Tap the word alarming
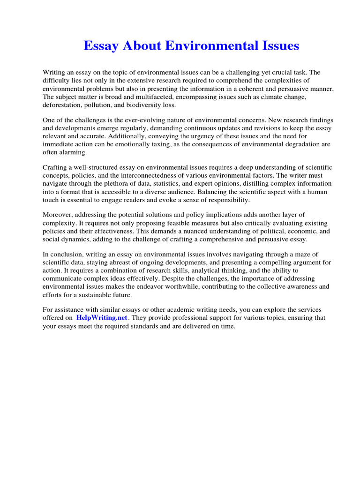[71, 152]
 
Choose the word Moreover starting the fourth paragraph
[57, 215]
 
